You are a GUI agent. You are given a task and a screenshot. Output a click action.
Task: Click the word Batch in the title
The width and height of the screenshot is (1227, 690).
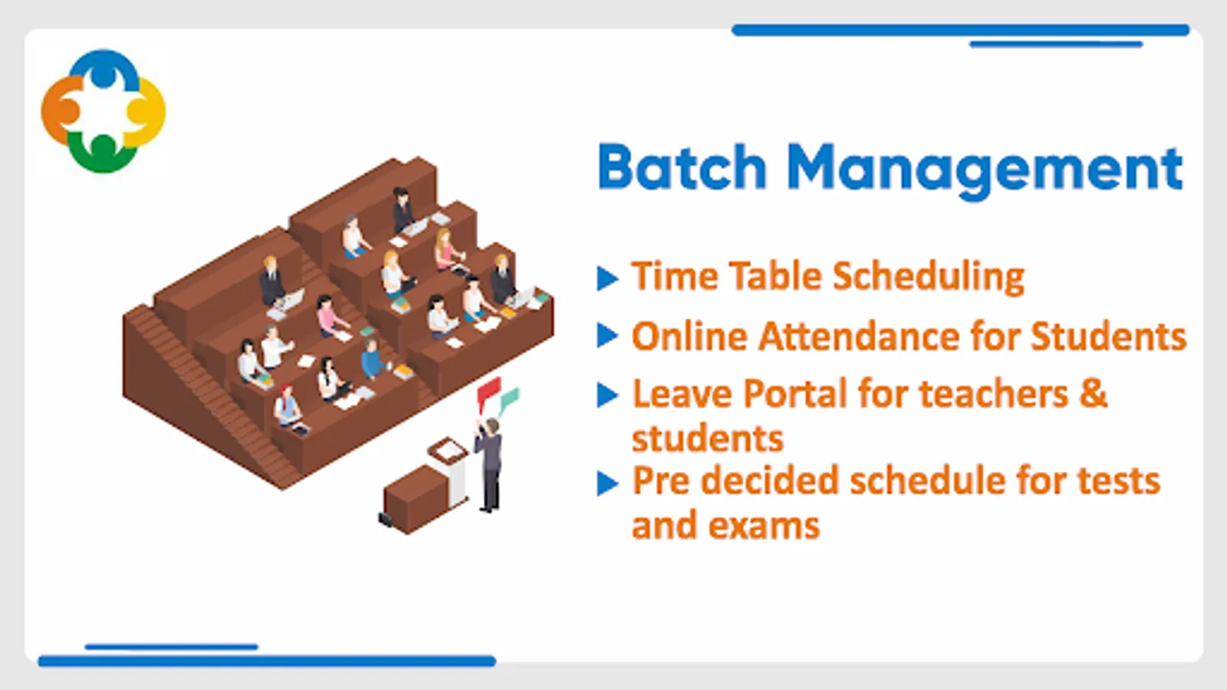point(682,166)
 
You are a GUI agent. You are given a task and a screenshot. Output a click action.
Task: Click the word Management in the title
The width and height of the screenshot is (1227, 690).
point(985,169)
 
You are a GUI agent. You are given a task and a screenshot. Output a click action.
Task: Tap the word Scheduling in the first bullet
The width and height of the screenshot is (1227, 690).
point(929,277)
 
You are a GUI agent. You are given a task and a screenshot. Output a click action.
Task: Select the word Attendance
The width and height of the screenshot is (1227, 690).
point(859,336)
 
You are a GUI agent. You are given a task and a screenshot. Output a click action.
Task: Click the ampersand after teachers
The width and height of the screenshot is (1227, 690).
point(1094,393)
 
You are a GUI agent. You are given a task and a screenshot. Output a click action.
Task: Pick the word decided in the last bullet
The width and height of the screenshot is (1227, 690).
point(771,480)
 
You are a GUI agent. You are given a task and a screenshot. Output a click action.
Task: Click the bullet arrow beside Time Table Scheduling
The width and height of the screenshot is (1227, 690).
point(607,278)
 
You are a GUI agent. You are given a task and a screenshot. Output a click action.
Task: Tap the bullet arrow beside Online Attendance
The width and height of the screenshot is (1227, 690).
point(607,336)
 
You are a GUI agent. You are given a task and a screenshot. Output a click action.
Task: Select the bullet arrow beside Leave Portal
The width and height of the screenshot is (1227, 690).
point(607,395)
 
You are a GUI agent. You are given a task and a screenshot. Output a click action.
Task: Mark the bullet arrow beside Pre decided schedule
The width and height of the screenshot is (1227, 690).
point(607,484)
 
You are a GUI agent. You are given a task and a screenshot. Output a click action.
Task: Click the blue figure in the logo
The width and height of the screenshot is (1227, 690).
point(104,67)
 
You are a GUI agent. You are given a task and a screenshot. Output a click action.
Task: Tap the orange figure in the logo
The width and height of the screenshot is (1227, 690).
point(61,110)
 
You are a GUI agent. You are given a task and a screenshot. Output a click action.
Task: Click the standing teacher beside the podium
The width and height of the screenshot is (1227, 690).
point(489,465)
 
